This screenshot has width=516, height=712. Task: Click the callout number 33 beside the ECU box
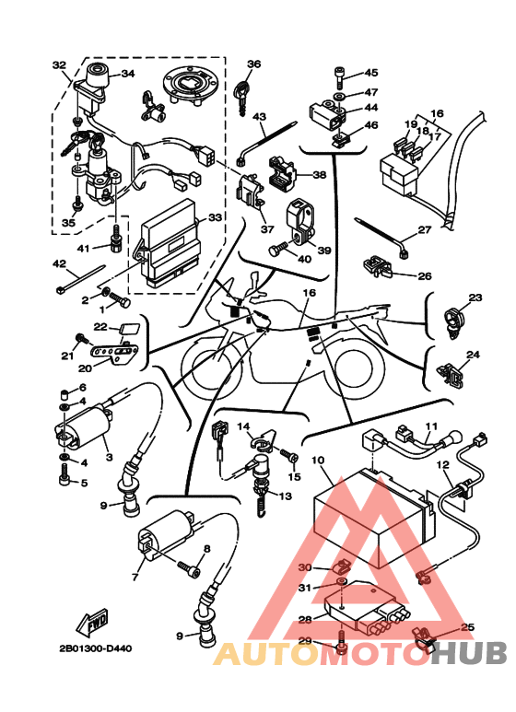215,218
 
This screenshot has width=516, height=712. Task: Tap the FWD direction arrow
93,621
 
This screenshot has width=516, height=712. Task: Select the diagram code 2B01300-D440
96,648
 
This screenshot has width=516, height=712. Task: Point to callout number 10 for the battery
318,461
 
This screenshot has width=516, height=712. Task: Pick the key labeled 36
241,97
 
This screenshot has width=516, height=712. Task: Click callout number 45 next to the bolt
371,73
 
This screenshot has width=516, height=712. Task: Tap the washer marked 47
339,97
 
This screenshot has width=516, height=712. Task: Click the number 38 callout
320,174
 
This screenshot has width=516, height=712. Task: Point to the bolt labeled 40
278,249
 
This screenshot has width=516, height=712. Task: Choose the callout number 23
475,298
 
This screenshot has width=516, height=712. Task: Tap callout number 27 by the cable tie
424,229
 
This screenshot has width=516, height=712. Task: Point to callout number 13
286,496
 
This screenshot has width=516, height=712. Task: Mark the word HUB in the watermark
468,653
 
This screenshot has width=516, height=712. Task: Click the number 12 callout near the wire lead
442,465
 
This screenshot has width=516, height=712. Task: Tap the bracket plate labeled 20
115,353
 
